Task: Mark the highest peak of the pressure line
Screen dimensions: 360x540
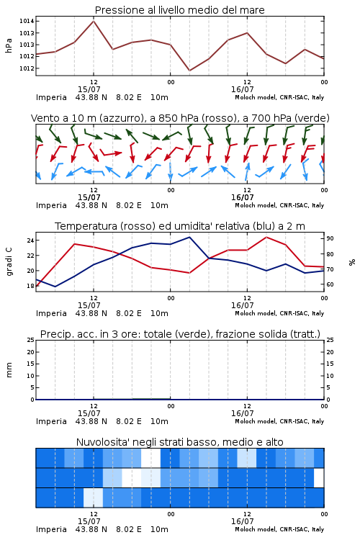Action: pyautogui.click(x=94, y=22)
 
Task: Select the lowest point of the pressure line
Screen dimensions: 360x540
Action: pyautogui.click(x=189, y=71)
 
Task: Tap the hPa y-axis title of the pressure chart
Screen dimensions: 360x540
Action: pyautogui.click(x=9, y=45)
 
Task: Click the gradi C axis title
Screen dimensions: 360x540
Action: pyautogui.click(x=9, y=262)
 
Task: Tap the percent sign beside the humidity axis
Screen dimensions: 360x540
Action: pyautogui.click(x=352, y=262)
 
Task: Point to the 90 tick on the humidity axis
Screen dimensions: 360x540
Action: pyautogui.click(x=330, y=238)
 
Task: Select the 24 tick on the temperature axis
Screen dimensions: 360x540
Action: pyautogui.click(x=30, y=240)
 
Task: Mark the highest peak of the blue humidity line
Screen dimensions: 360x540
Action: pyautogui.click(x=189, y=237)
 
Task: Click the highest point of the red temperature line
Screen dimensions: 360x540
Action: pyautogui.click(x=266, y=237)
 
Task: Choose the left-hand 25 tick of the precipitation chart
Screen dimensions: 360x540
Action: pyautogui.click(x=30, y=340)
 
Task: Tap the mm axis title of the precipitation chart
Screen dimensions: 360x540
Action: pyautogui.click(x=9, y=370)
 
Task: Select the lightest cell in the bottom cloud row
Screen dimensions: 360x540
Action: pyautogui.click(x=94, y=498)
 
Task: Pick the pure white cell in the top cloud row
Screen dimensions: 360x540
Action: pyautogui.click(x=151, y=458)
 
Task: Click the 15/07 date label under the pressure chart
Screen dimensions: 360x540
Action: pyautogui.click(x=89, y=89)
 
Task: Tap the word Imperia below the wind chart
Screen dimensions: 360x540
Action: pyautogui.click(x=51, y=206)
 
